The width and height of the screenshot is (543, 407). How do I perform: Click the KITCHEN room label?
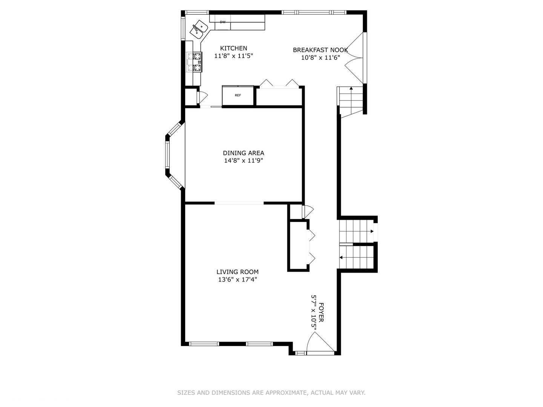(x=233, y=48)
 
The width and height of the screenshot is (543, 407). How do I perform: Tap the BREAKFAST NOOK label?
(x=320, y=50)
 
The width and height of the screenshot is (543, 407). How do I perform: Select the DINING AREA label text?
(x=243, y=153)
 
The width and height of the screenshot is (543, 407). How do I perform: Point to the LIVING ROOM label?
(x=237, y=272)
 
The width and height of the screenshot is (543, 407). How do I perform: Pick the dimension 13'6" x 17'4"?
(x=237, y=280)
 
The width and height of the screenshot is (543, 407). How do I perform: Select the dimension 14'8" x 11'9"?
(x=243, y=161)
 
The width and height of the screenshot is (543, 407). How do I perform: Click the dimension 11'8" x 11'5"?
(x=233, y=56)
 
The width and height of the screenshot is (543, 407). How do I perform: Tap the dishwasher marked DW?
(x=222, y=22)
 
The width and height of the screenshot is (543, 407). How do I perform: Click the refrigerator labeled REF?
(x=238, y=95)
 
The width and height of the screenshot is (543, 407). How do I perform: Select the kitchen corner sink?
(x=199, y=30)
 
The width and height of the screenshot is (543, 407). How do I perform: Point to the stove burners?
(x=194, y=62)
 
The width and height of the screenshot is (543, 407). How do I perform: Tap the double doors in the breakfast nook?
(x=354, y=58)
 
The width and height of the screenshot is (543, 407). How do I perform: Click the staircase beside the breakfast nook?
(x=351, y=100)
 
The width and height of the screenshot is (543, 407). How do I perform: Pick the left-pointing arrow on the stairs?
(x=341, y=258)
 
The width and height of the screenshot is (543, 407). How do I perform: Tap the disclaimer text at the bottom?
(x=271, y=393)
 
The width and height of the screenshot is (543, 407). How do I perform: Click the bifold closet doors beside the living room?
(x=312, y=246)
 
